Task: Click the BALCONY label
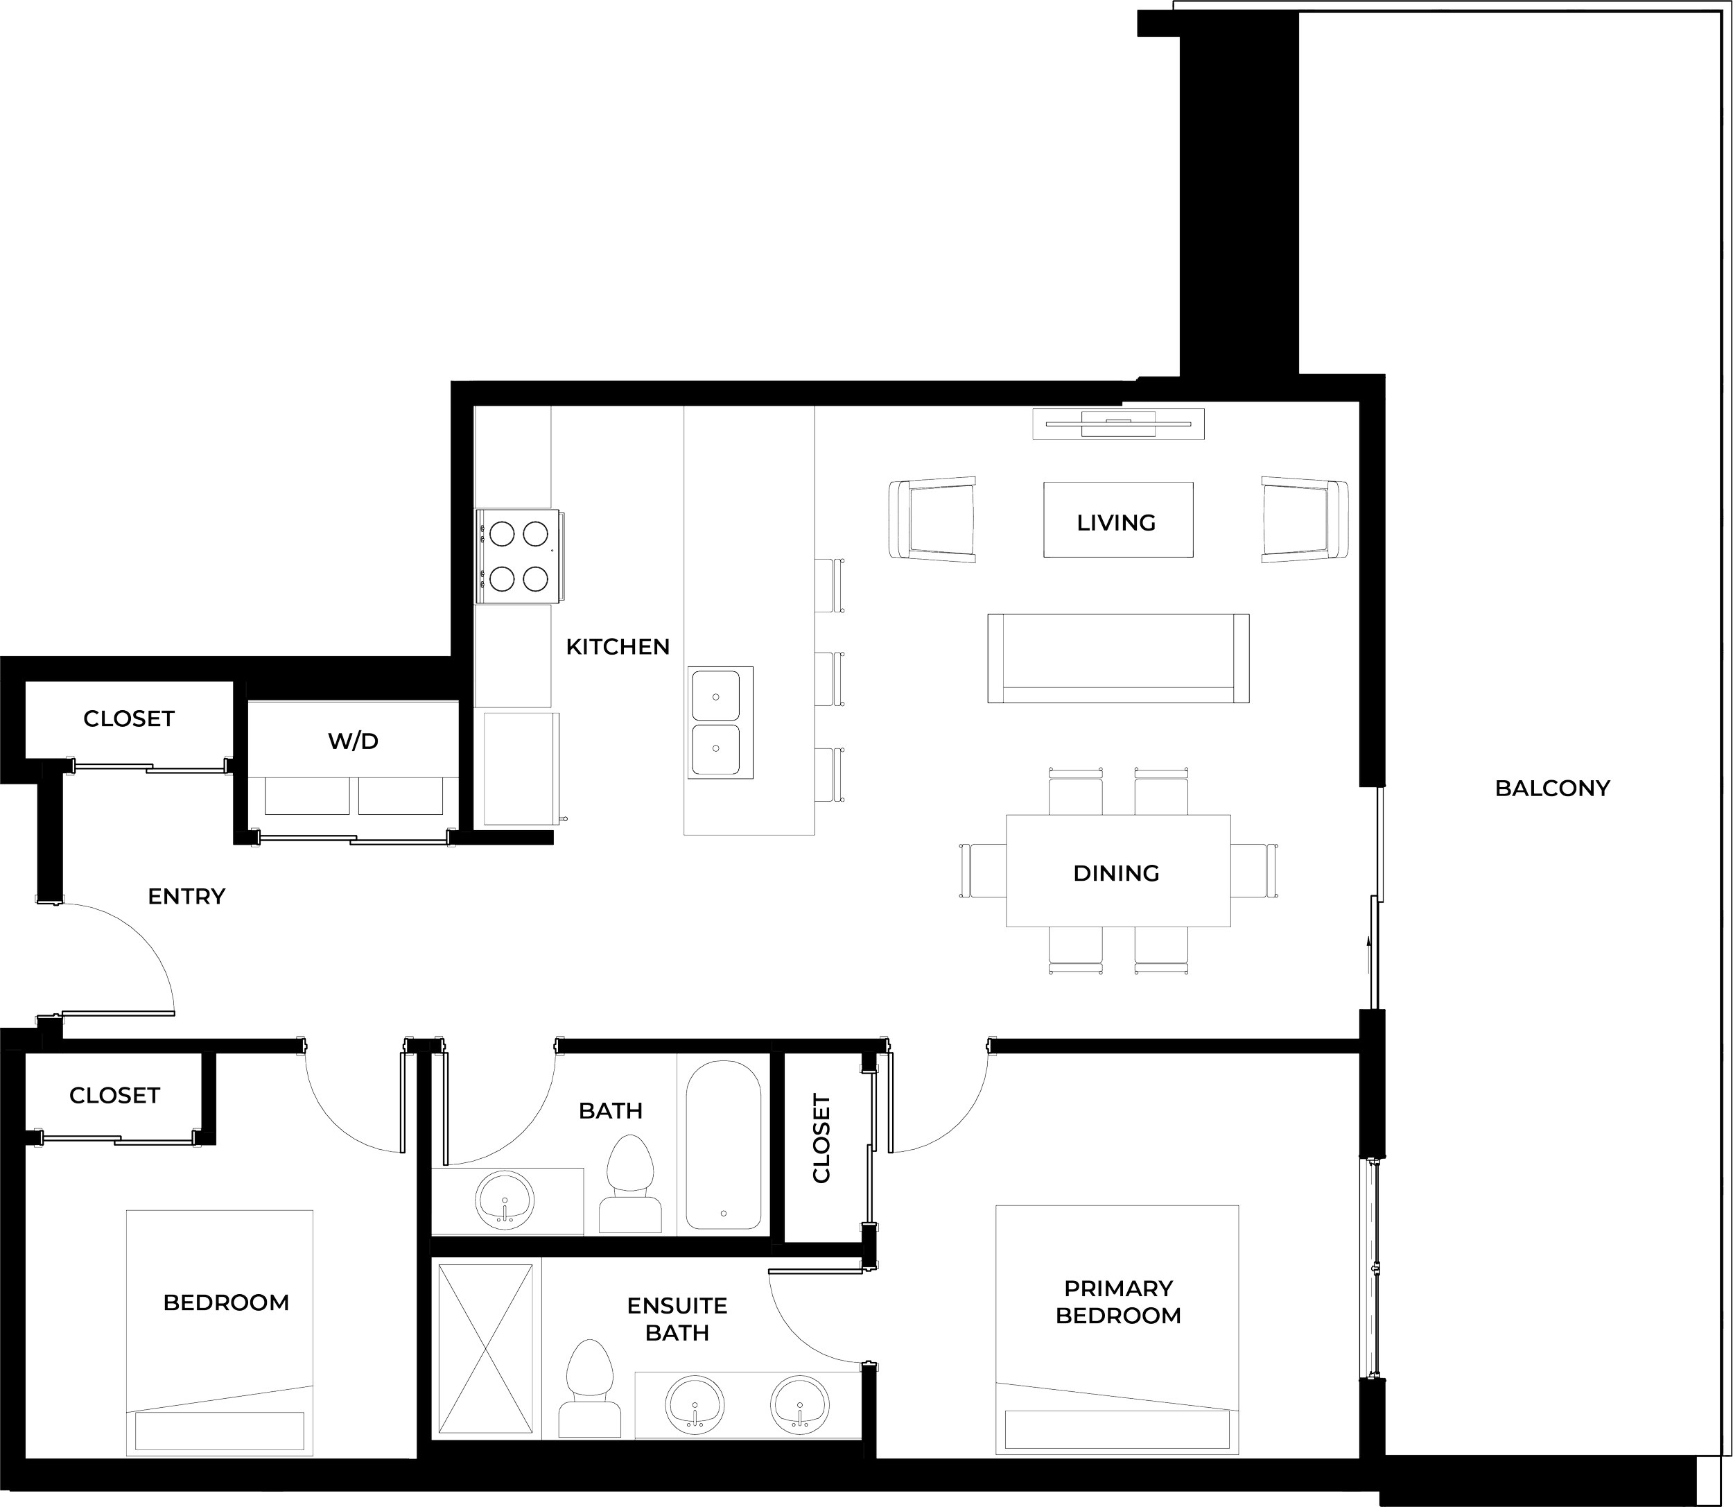(x=1551, y=789)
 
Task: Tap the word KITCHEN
(x=618, y=646)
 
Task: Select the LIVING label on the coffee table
(x=1116, y=522)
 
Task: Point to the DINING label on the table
(x=1116, y=873)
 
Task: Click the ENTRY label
(x=186, y=897)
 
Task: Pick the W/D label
(x=353, y=741)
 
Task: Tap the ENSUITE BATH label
(x=677, y=1318)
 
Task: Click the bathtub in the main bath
(x=724, y=1146)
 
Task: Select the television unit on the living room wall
(x=1118, y=422)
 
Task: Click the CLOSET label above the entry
(x=128, y=719)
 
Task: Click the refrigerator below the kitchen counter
(x=517, y=768)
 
